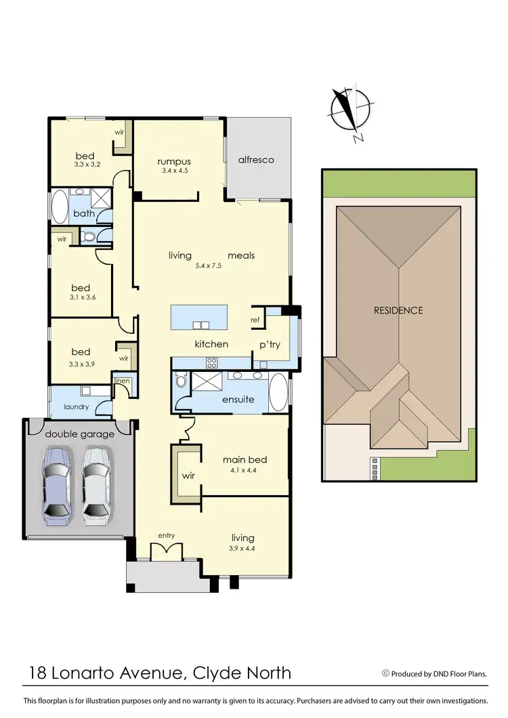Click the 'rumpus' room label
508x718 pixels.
click(x=174, y=161)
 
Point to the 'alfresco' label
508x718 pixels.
click(x=256, y=160)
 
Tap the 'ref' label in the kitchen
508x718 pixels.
click(x=255, y=320)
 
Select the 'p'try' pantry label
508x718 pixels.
click(x=270, y=344)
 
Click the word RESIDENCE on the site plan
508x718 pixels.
click(x=398, y=310)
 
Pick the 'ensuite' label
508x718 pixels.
click(x=238, y=399)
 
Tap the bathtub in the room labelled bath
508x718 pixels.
click(x=59, y=207)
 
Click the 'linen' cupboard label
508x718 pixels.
click(x=122, y=381)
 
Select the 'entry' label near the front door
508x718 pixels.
click(x=167, y=535)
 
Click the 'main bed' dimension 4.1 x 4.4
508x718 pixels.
click(x=242, y=470)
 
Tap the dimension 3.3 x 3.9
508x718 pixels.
click(x=81, y=362)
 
